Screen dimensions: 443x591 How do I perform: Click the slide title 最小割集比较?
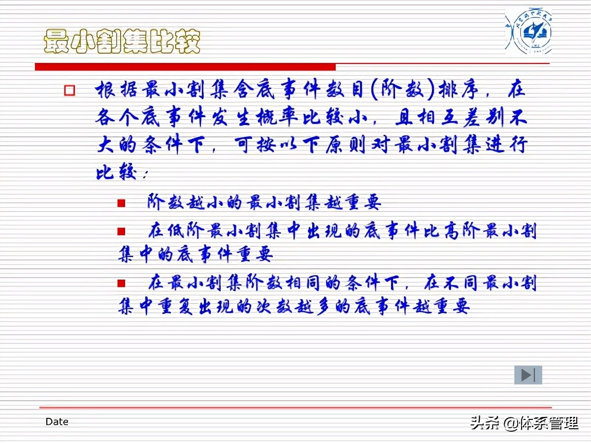[x=122, y=41]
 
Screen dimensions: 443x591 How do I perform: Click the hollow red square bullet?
[x=69, y=91]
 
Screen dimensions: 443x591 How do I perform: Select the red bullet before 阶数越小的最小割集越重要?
[x=121, y=203]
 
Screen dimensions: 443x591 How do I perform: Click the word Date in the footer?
[x=57, y=422]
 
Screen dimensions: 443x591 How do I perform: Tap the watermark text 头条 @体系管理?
[x=524, y=423]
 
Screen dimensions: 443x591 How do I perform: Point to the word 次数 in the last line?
[x=280, y=307]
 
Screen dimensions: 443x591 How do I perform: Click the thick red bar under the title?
[x=185, y=66]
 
